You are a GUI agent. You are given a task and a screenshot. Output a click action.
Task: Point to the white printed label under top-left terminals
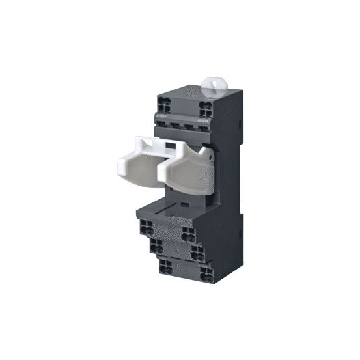tap(163, 115)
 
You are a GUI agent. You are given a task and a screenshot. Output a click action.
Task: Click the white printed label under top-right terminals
tap(203, 120)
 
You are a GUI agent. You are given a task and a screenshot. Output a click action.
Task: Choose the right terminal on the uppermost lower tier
tap(188, 233)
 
